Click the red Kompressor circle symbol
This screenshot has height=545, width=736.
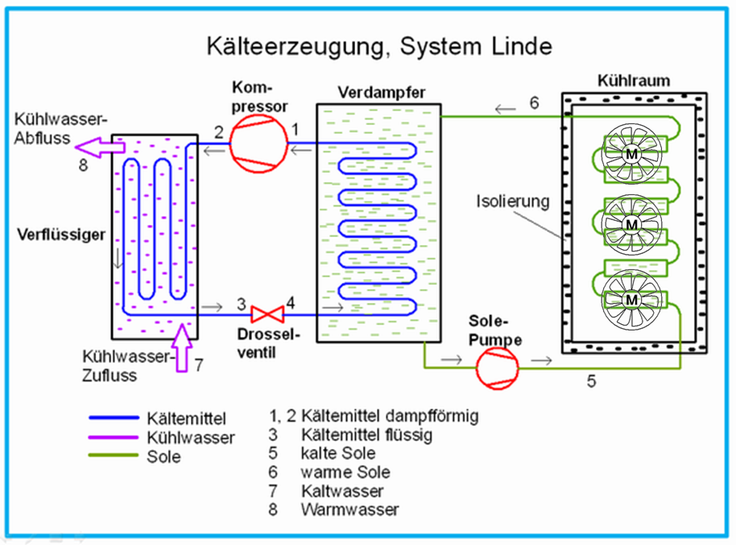click(x=258, y=145)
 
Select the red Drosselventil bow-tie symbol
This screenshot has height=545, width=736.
click(x=265, y=313)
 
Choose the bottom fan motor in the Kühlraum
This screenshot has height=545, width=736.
click(x=632, y=299)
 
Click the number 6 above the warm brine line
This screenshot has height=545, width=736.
click(x=533, y=103)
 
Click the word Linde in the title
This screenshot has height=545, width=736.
click(x=518, y=46)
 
